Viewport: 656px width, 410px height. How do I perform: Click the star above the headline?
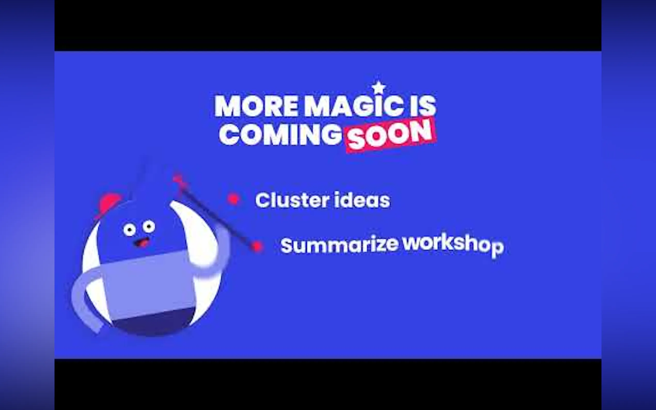click(x=379, y=88)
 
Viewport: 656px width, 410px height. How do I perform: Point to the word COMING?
click(x=280, y=135)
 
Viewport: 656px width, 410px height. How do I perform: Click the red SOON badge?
click(x=391, y=135)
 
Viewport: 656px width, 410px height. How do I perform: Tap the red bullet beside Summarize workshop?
click(x=257, y=246)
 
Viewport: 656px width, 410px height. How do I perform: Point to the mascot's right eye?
click(x=149, y=226)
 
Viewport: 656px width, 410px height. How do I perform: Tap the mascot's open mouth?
click(x=142, y=242)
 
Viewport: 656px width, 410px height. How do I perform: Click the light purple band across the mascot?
click(x=149, y=285)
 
